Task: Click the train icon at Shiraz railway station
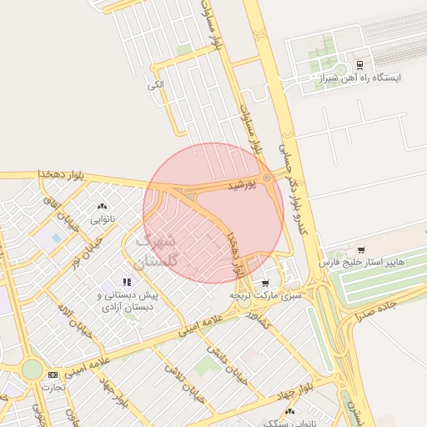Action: click(x=359, y=64)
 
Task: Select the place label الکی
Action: click(x=155, y=85)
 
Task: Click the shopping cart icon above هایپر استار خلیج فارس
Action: click(x=360, y=249)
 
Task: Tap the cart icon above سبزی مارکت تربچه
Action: click(x=265, y=283)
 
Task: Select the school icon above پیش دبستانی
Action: click(x=127, y=283)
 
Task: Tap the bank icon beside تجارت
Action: click(x=53, y=375)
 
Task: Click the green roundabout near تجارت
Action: click(x=32, y=369)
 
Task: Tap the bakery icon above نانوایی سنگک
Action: click(x=289, y=411)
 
